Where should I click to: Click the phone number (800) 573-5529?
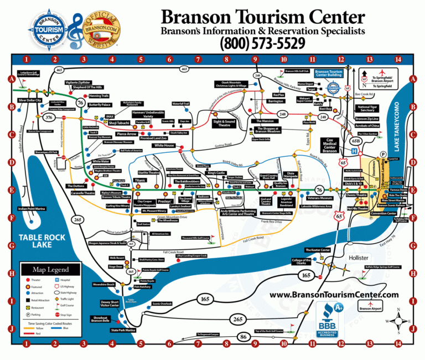click(262, 42)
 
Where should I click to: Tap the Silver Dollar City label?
click(30, 100)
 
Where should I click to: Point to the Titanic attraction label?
click(141, 181)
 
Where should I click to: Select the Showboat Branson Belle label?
click(100, 320)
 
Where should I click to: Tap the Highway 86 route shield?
click(242, 336)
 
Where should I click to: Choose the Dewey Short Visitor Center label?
click(110, 304)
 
